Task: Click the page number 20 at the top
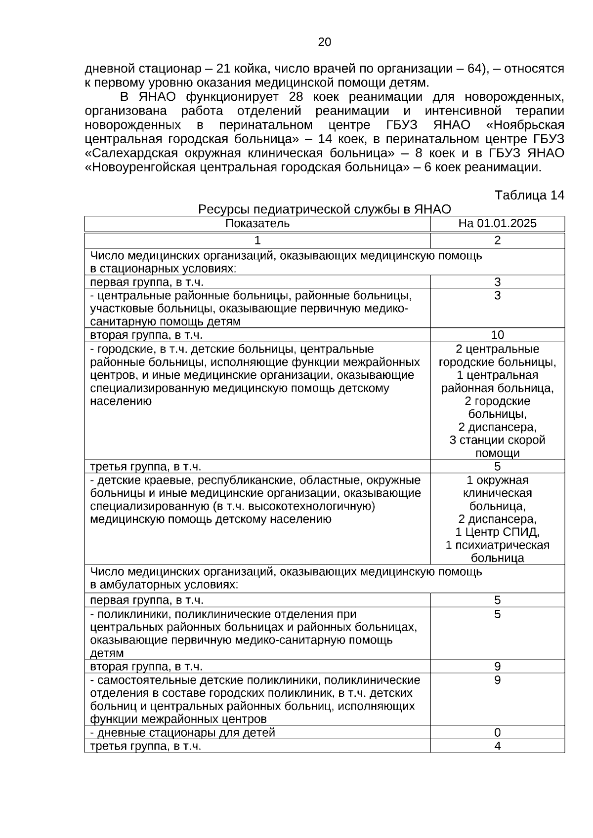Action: pyautogui.click(x=325, y=42)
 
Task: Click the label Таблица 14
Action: pyautogui.click(x=529, y=196)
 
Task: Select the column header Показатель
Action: pyautogui.click(x=257, y=224)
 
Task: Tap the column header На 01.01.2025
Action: pyautogui.click(x=497, y=224)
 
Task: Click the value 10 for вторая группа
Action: pyautogui.click(x=497, y=335)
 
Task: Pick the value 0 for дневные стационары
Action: pyautogui.click(x=497, y=732)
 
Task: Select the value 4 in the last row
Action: pyautogui.click(x=497, y=746)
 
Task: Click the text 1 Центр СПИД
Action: pyautogui.click(x=497, y=532)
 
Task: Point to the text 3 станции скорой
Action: pyautogui.click(x=497, y=440)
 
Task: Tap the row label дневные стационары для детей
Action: pyautogui.click(x=182, y=732)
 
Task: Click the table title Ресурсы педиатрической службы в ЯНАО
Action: pyautogui.click(x=325, y=209)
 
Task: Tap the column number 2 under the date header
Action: pyautogui.click(x=497, y=240)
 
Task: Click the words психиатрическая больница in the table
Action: pyautogui.click(x=497, y=552)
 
